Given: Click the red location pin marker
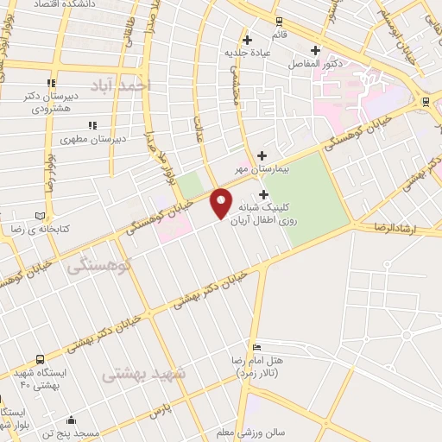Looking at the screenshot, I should click(221, 202).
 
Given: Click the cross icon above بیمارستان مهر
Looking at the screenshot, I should click(262, 155).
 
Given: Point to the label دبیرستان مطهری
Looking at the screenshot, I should click(98, 137).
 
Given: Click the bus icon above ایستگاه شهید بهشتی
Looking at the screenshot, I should click(40, 359).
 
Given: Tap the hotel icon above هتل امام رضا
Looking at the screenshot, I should click(255, 346).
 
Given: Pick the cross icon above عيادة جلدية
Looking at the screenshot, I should click(248, 40).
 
